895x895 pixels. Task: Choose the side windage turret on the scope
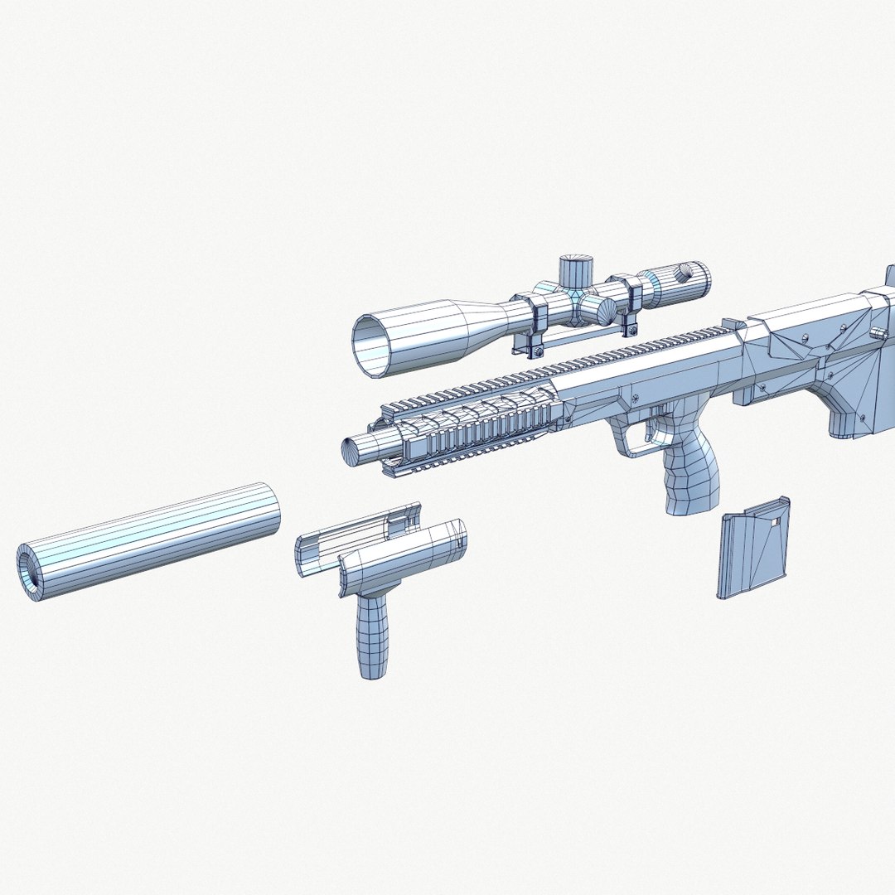(597, 311)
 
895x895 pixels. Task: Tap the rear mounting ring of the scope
(633, 294)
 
